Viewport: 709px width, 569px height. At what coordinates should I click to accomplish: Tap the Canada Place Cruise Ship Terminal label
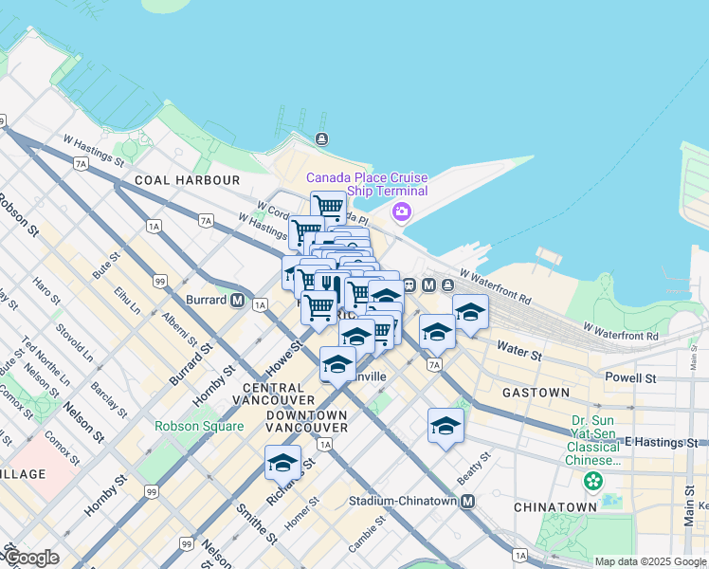click(x=366, y=184)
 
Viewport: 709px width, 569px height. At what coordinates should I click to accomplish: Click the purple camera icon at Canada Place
click(x=402, y=211)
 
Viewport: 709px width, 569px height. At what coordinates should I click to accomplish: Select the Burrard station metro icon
click(x=236, y=301)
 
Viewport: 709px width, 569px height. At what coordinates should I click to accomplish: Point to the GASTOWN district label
click(x=536, y=393)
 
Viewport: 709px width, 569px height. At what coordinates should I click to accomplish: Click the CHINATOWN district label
click(x=555, y=507)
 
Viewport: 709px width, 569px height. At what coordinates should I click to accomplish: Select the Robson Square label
click(x=199, y=426)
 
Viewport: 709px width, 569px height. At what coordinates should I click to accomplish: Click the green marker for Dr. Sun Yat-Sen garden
click(x=593, y=482)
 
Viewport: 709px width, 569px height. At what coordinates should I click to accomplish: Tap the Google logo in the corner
click(x=30, y=558)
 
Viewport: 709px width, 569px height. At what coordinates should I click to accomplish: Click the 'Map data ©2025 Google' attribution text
click(x=650, y=561)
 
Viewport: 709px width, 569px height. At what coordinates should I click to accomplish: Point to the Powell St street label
click(x=630, y=377)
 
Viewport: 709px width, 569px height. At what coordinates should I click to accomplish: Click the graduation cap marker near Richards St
click(x=282, y=462)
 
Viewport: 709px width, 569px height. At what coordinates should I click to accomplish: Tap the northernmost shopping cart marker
click(x=328, y=206)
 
